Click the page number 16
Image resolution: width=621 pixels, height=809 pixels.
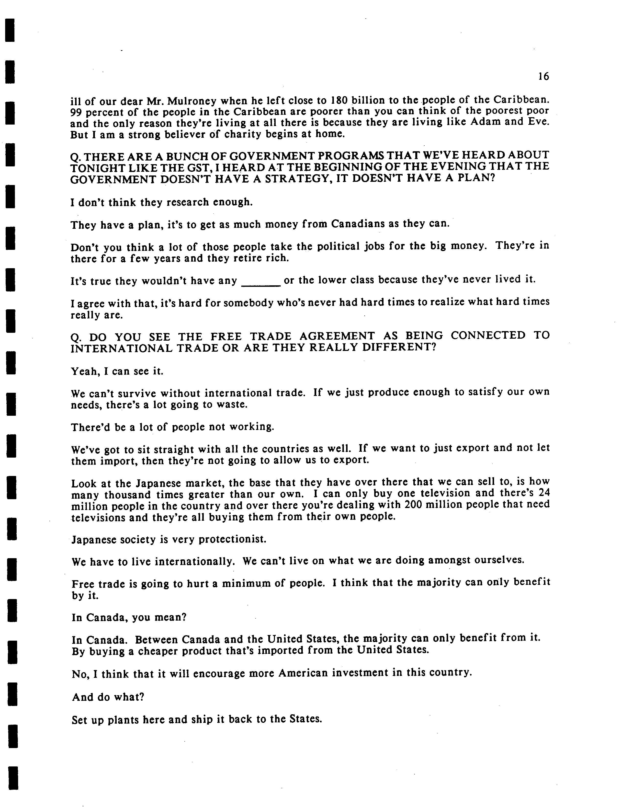click(x=543, y=77)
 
